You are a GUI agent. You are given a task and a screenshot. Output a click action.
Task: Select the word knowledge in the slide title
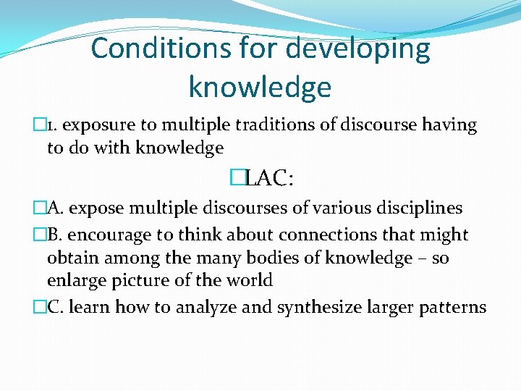pos(260,87)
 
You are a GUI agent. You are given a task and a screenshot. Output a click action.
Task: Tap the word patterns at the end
pos(454,307)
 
